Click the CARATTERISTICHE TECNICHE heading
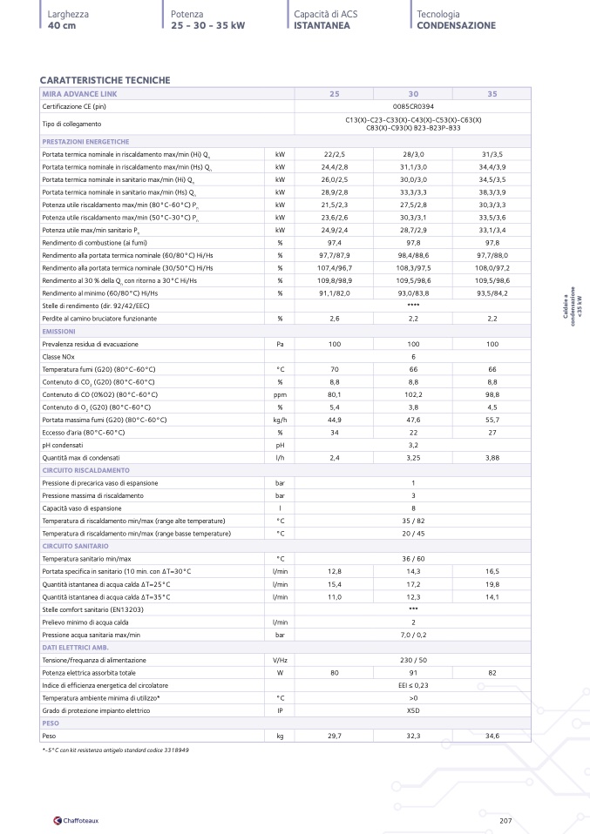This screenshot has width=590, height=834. pos(105,80)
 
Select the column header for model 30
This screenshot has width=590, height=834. pos(413,93)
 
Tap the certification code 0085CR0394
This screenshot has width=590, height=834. pos(413,105)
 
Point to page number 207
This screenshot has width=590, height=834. pos(505,820)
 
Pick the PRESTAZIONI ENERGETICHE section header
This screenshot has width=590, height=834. pos(86,141)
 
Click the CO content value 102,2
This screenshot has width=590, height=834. pos(413,394)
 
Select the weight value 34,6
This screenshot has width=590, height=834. pos(492,736)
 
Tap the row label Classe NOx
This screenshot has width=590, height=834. pos(62,357)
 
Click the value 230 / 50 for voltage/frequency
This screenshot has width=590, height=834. pos(413,661)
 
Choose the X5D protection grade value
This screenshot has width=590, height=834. pos(413,710)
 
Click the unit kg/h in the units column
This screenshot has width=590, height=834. pos(280,420)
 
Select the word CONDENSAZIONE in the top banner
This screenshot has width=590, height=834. pos(456,26)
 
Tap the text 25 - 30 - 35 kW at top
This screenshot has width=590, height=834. pos(208,26)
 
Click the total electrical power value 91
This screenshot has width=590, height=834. pos(413,673)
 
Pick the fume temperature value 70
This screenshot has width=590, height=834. pos(334,369)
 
